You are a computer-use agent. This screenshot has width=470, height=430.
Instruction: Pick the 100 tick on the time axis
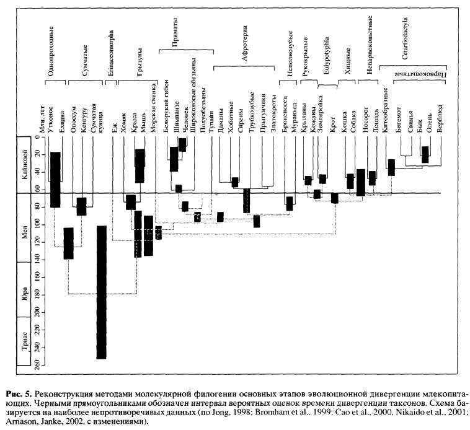pos(36,225)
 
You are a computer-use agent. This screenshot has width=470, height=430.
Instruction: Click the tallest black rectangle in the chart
pos(101,292)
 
